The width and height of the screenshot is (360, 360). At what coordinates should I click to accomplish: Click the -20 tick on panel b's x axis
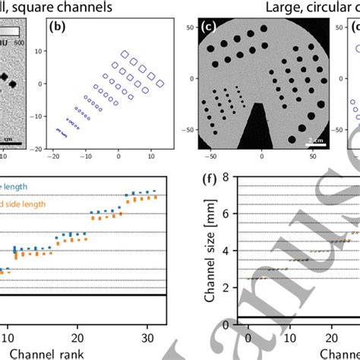coord(52,156)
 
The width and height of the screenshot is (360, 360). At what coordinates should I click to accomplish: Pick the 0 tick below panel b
coord(118,156)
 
